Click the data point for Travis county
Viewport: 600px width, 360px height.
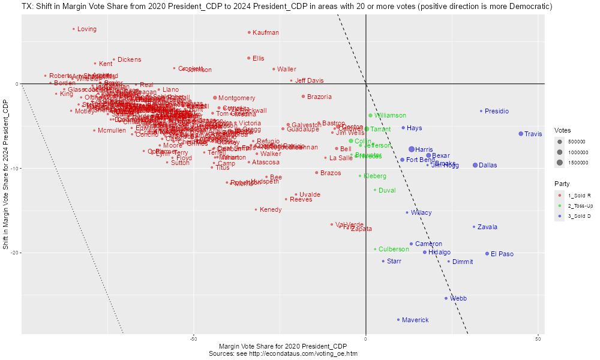coord(521,134)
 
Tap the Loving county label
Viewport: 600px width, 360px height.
coord(87,29)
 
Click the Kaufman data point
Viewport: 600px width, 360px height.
coord(249,32)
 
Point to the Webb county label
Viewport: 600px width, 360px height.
coord(458,298)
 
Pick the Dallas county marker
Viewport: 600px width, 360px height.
coord(475,165)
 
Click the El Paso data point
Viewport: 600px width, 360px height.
coord(487,254)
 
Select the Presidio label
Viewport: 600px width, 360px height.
coord(497,111)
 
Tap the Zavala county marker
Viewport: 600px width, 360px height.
coord(474,227)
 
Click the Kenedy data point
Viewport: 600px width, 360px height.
coord(256,209)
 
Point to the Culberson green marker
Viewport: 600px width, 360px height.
coord(375,249)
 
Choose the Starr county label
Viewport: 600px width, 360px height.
coord(394,261)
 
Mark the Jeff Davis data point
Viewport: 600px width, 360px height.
coord(292,80)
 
